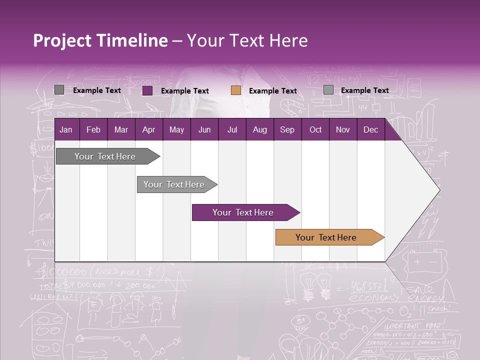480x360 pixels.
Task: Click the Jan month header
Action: pyautogui.click(x=66, y=129)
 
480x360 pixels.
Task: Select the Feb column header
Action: pyautogui.click(x=93, y=129)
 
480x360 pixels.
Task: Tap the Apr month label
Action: pyautogui.click(x=148, y=129)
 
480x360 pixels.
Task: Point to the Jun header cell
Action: pyautogui.click(x=204, y=129)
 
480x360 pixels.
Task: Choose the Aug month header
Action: pyautogui.click(x=259, y=129)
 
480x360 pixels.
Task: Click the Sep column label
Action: pyautogui.click(x=287, y=129)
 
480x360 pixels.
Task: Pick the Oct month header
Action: pyautogui.click(x=315, y=129)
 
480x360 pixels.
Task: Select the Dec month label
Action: pyautogui.click(x=370, y=129)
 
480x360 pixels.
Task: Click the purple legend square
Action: pyautogui.click(x=147, y=90)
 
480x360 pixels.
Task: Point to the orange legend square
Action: pyautogui.click(x=236, y=90)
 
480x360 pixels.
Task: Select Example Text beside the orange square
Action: pyautogui.click(x=272, y=91)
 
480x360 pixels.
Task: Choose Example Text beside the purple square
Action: pyautogui.click(x=184, y=91)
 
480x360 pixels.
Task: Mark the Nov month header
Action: pyautogui.click(x=343, y=129)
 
